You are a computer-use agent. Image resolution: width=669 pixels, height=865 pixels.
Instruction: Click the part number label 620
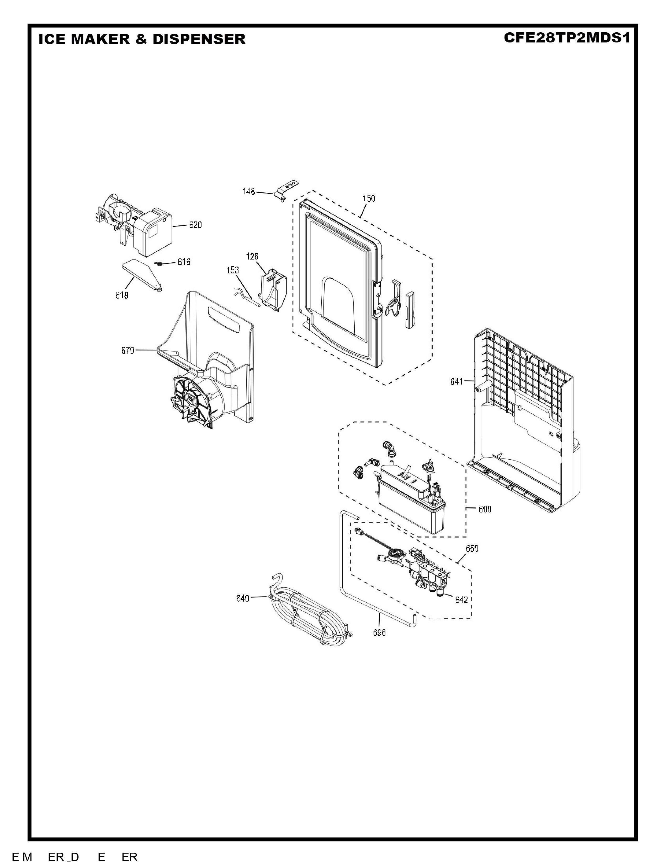pyautogui.click(x=195, y=225)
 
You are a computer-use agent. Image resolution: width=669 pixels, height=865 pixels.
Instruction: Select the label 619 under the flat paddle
pyautogui.click(x=122, y=295)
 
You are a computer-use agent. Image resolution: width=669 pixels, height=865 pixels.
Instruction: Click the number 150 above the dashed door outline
pyautogui.click(x=369, y=198)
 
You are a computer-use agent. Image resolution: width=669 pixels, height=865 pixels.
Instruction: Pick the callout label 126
pyautogui.click(x=252, y=256)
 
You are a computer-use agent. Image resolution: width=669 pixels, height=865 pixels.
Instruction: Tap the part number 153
pyautogui.click(x=233, y=270)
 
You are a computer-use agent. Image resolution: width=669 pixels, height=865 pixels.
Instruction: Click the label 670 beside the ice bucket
pyautogui.click(x=128, y=350)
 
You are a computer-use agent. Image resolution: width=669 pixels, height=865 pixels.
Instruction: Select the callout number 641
pyautogui.click(x=456, y=381)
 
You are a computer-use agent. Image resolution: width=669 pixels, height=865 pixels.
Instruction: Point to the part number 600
pyautogui.click(x=485, y=509)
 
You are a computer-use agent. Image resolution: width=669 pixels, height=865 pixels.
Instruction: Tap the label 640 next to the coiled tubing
pyautogui.click(x=243, y=598)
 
